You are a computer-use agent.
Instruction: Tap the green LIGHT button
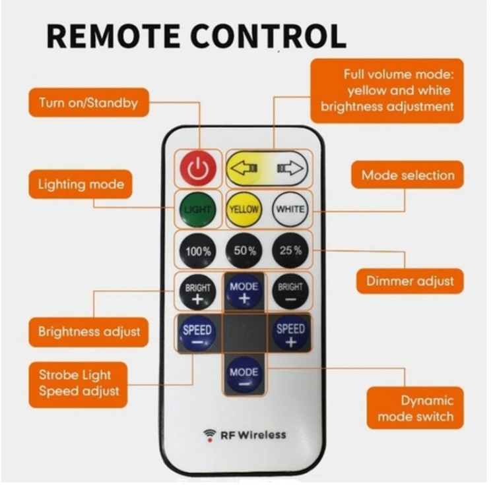point(197,210)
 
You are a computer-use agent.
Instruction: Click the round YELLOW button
point(244,210)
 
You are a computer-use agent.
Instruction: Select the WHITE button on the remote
point(290,209)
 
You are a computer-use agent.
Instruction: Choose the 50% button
point(244,251)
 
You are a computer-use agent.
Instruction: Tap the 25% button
point(290,250)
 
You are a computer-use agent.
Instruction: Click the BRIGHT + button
point(197,292)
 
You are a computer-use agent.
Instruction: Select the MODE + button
point(244,291)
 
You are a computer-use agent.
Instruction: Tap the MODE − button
point(244,376)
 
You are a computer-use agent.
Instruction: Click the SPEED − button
point(197,333)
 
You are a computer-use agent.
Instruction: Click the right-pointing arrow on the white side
point(292,168)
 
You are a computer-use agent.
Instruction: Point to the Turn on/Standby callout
point(88,103)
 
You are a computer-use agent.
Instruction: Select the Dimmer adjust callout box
point(410,281)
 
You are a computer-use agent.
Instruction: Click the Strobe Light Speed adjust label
point(79,384)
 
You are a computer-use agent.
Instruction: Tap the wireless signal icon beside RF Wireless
point(210,435)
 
